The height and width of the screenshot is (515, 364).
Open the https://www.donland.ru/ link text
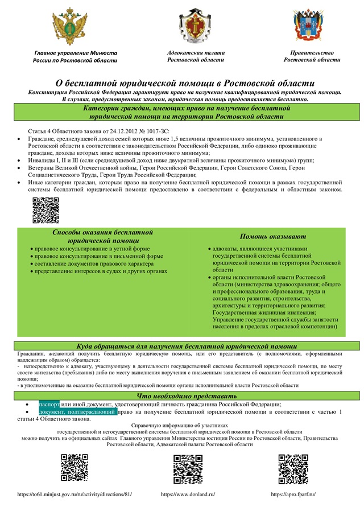pos(188,494)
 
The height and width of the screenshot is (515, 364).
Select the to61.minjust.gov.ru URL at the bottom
pos(75,494)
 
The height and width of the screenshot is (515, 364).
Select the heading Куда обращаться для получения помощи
pos(187,346)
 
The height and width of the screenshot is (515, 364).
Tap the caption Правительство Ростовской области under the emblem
pos(312,56)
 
